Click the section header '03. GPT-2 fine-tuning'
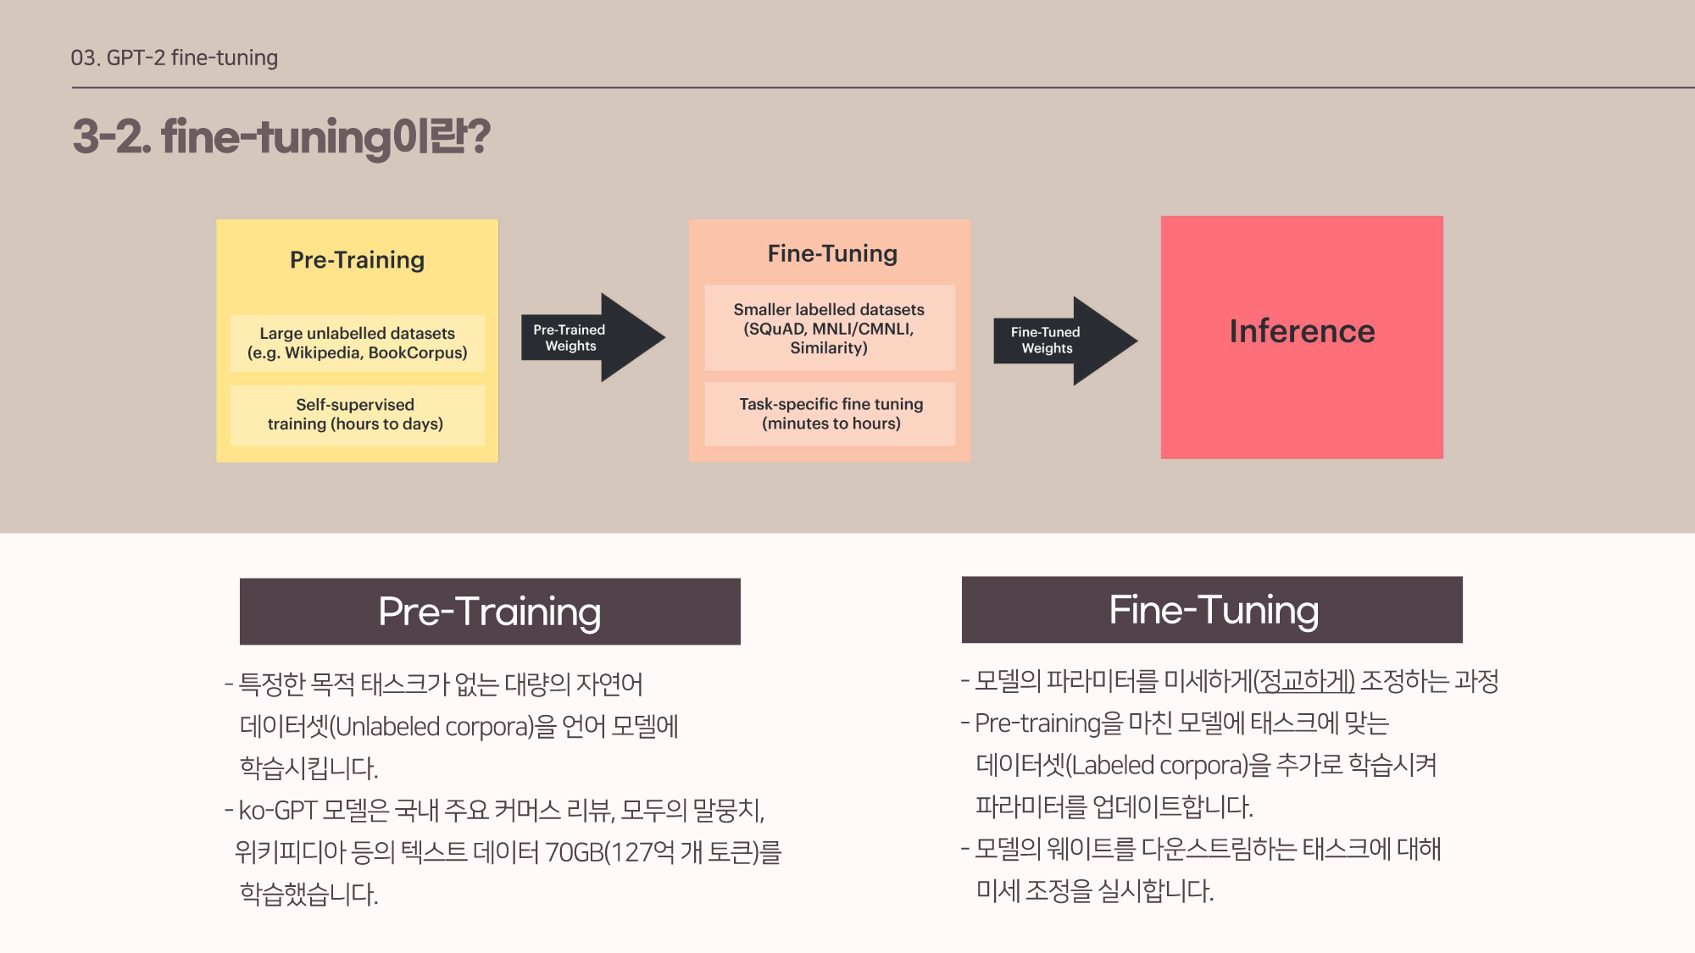coord(174,58)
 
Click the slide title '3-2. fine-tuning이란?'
coord(281,136)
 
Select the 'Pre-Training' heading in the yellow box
coord(357,260)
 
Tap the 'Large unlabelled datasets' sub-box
coord(357,343)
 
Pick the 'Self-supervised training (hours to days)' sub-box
coord(357,414)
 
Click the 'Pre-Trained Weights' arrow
coord(585,337)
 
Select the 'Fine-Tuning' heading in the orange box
coord(831,253)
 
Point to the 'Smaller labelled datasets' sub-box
coord(829,328)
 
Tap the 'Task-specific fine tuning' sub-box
coord(830,413)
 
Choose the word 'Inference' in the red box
coord(1302,331)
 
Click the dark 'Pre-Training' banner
coord(490,612)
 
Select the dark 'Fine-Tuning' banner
coord(1212,610)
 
